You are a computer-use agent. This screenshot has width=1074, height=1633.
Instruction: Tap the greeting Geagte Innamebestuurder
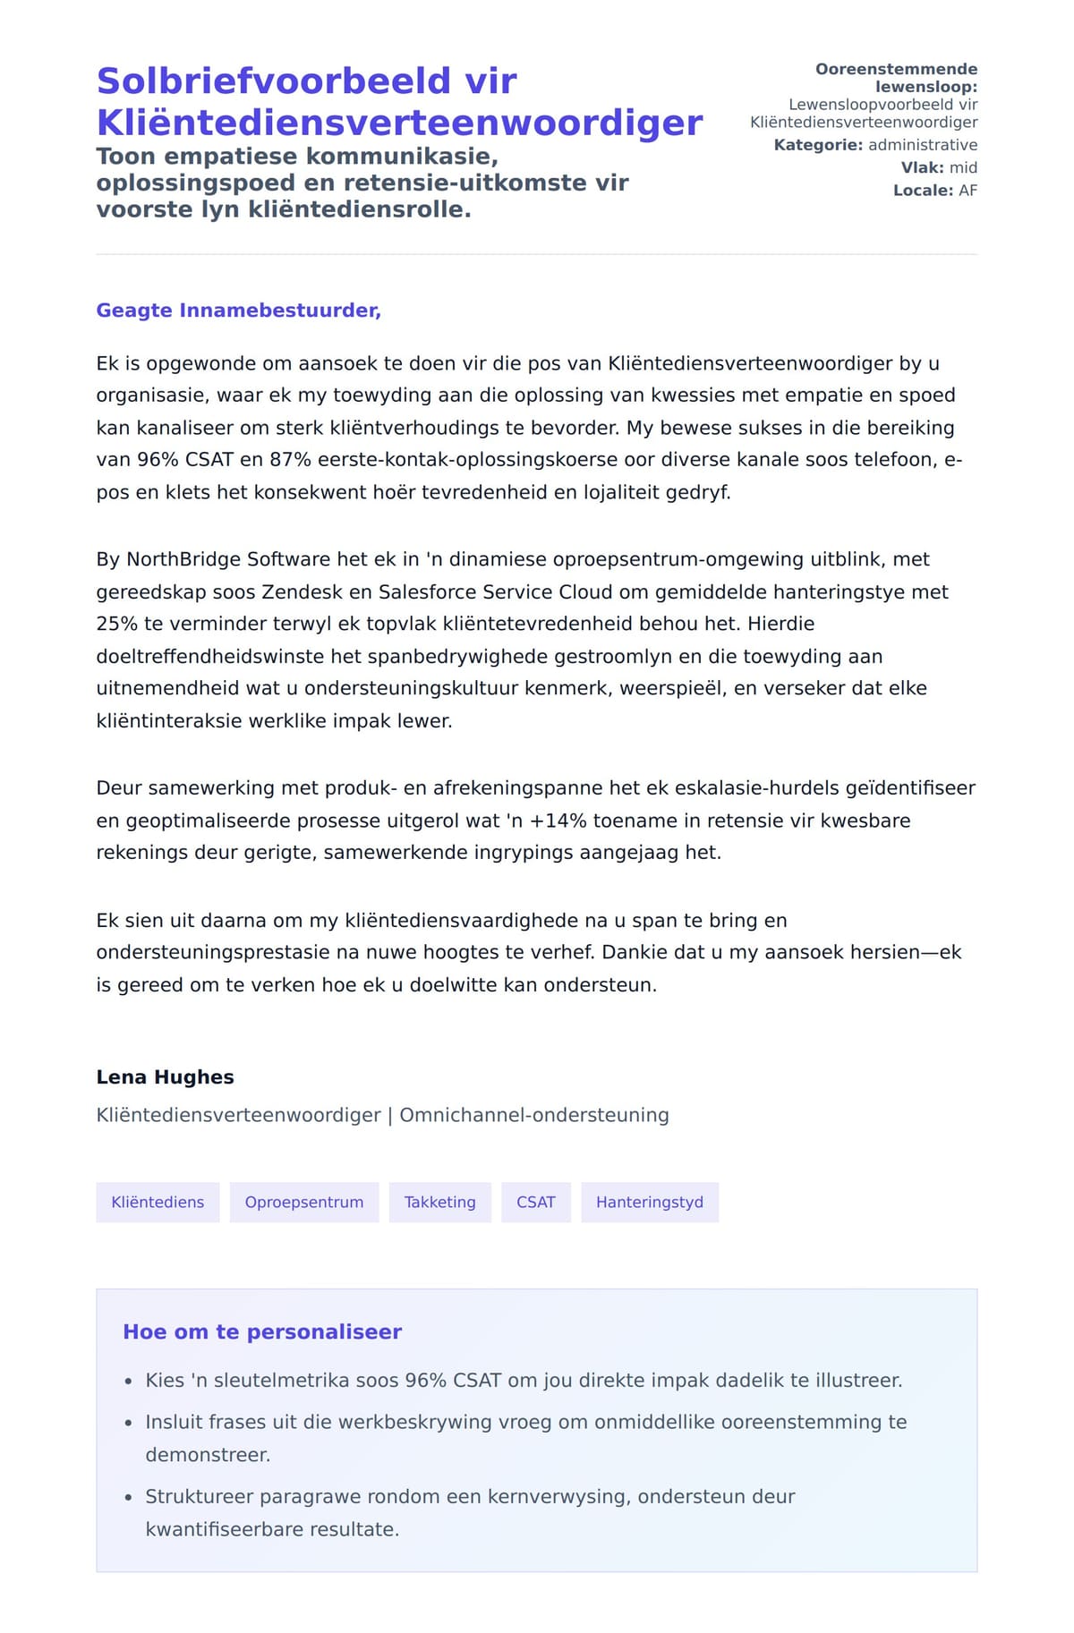click(x=238, y=310)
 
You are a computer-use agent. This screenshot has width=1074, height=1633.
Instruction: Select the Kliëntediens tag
click(x=158, y=1202)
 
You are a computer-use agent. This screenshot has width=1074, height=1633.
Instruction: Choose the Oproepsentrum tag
click(x=304, y=1202)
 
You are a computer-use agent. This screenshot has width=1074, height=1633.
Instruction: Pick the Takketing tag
click(x=439, y=1202)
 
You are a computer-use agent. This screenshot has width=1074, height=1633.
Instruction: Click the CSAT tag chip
click(x=535, y=1202)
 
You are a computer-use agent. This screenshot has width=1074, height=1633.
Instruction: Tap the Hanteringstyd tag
click(x=649, y=1202)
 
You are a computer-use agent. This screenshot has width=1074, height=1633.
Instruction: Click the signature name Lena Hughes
click(x=165, y=1077)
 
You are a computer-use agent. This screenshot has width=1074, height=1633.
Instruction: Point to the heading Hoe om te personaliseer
click(x=262, y=1331)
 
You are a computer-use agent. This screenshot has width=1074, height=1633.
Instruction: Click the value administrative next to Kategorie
click(x=922, y=145)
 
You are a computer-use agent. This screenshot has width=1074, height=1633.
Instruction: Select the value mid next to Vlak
click(x=963, y=167)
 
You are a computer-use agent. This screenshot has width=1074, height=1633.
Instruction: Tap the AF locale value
click(x=967, y=191)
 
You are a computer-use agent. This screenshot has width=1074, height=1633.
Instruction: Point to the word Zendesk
click(x=298, y=591)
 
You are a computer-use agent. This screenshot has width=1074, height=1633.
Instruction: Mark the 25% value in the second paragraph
click(x=117, y=624)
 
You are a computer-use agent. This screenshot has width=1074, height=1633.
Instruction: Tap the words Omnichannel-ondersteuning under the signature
click(x=533, y=1115)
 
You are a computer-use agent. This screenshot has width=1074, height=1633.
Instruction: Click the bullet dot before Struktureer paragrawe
click(x=129, y=1497)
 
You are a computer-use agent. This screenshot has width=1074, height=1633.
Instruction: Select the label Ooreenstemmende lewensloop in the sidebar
click(x=896, y=78)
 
